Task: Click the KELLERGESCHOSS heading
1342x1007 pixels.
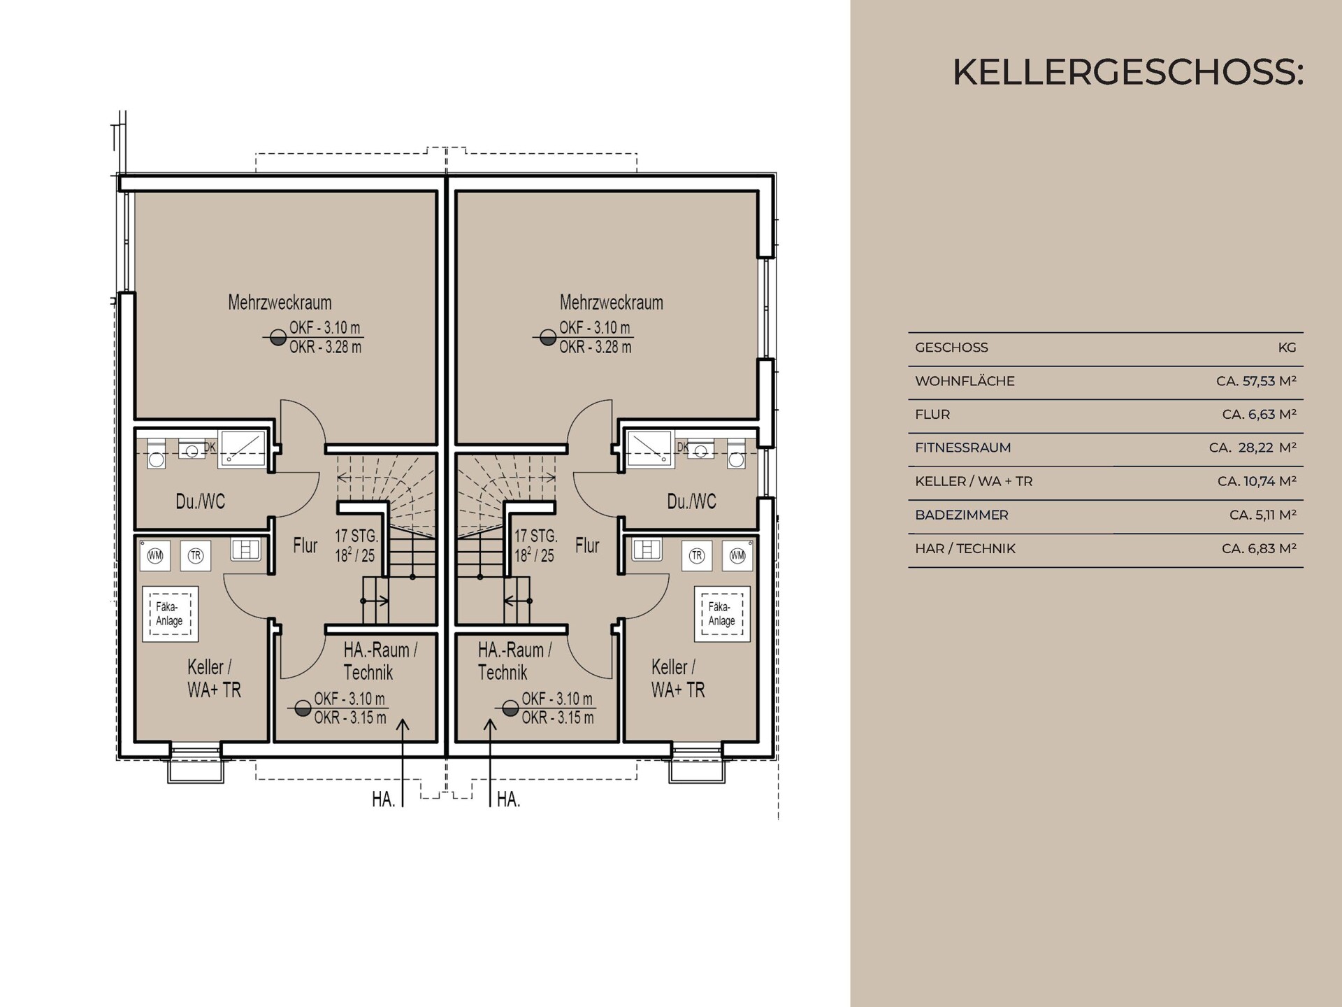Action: click(x=1127, y=72)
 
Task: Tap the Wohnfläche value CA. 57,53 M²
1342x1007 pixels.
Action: click(x=1255, y=381)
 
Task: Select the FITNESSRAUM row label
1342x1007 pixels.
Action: click(x=962, y=448)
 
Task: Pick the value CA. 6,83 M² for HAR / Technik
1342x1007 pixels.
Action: click(x=1258, y=548)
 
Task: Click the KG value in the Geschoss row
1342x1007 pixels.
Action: click(x=1286, y=348)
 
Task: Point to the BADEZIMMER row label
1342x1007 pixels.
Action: click(x=961, y=515)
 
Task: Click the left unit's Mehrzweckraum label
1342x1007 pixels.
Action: click(x=280, y=303)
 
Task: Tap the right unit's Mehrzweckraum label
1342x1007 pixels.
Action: click(x=611, y=303)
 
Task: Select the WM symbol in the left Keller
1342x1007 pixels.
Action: click(x=155, y=556)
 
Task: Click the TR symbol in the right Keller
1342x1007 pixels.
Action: click(x=696, y=556)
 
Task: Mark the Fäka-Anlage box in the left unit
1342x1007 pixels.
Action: click(x=170, y=613)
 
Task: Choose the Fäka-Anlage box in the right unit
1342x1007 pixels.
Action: click(x=721, y=613)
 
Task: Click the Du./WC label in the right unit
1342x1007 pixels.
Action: click(x=691, y=501)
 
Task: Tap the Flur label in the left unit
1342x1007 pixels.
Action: click(x=305, y=545)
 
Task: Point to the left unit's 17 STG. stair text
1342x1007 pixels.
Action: click(x=356, y=536)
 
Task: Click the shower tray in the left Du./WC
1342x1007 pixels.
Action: click(x=242, y=448)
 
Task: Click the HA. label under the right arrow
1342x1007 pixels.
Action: click(x=508, y=799)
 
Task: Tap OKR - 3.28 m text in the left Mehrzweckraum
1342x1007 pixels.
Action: click(x=325, y=347)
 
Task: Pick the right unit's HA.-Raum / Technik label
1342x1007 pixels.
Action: click(x=514, y=661)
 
